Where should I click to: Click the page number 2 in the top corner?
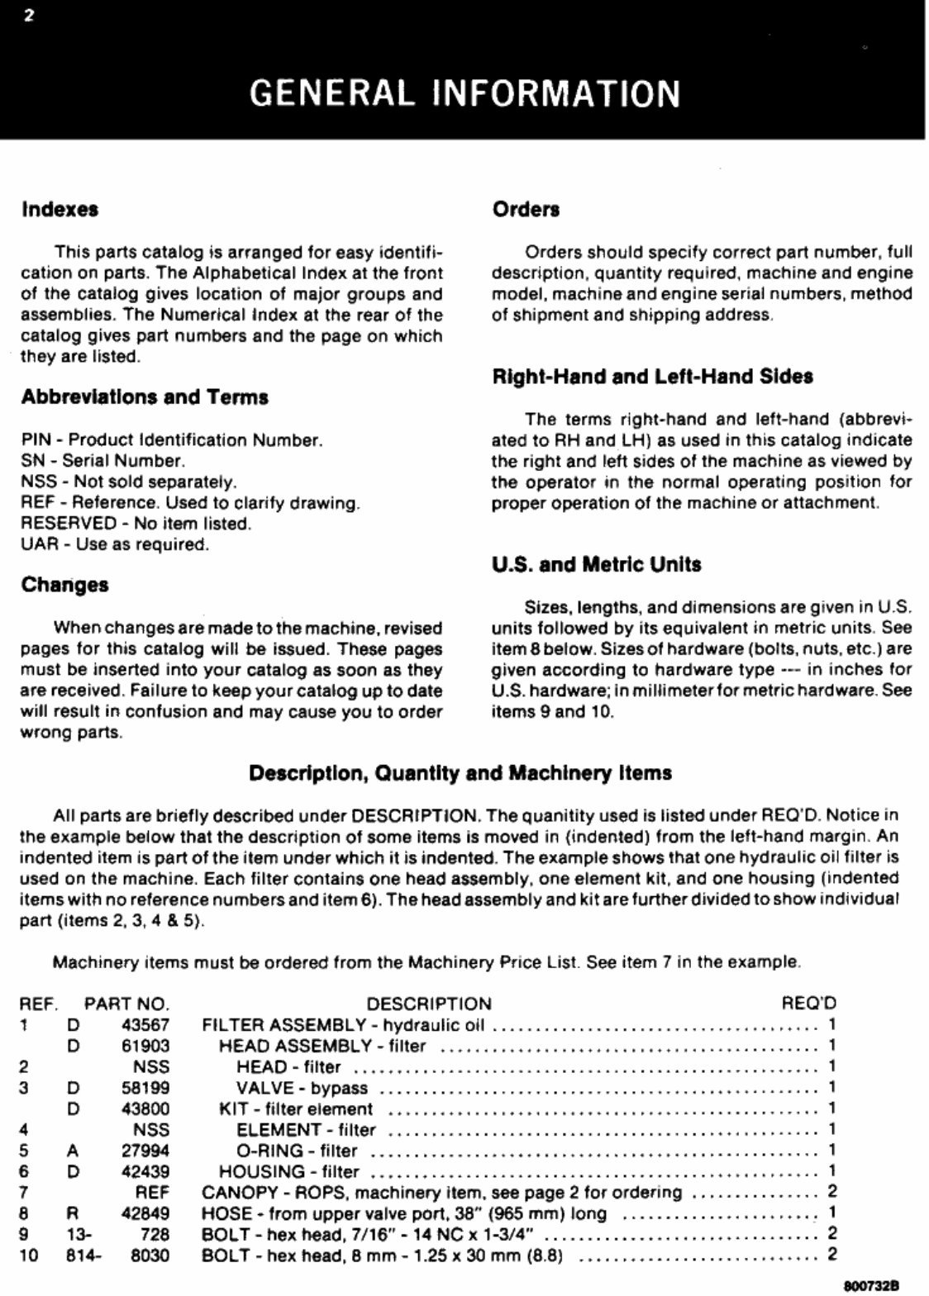pyautogui.click(x=29, y=17)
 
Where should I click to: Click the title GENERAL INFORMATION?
pyautogui.click(x=464, y=93)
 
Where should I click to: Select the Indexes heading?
pyautogui.click(x=60, y=209)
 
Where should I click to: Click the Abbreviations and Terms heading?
pyautogui.click(x=145, y=397)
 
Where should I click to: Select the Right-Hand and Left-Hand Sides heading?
pyautogui.click(x=652, y=377)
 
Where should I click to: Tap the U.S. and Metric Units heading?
pyautogui.click(x=596, y=565)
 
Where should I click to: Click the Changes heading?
pyautogui.click(x=64, y=585)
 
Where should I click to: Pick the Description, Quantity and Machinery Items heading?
pyautogui.click(x=460, y=774)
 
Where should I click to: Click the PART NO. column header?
pyautogui.click(x=126, y=1004)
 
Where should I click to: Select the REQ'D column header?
pyautogui.click(x=808, y=1004)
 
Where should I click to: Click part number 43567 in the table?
pyautogui.click(x=145, y=1025)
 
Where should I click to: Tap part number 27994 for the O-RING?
pyautogui.click(x=145, y=1151)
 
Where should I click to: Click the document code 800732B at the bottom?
pyautogui.click(x=871, y=1286)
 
